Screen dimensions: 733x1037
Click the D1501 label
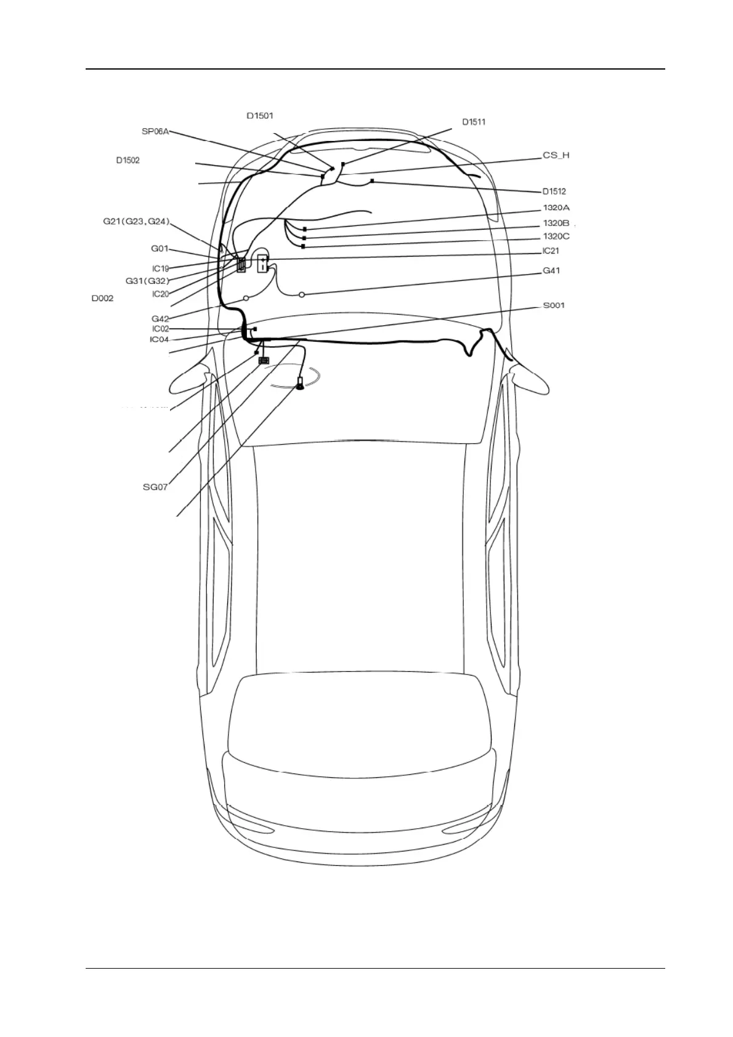point(260,116)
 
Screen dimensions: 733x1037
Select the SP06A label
point(155,131)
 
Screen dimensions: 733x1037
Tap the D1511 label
point(474,122)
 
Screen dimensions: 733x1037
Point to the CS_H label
point(556,156)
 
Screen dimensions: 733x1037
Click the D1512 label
point(554,192)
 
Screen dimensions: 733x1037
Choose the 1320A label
point(556,208)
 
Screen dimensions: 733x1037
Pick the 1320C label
point(556,236)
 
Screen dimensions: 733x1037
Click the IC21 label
point(551,251)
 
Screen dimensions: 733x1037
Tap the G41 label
point(551,271)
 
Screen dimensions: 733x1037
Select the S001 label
point(553,305)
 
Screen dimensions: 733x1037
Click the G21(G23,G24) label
point(136,222)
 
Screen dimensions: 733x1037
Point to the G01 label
point(160,249)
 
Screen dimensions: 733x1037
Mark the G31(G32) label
point(147,281)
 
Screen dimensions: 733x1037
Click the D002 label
point(102,299)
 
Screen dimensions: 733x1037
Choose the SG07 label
point(155,487)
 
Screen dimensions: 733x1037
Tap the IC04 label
point(159,339)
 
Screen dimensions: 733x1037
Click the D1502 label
point(128,161)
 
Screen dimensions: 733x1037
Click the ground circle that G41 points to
point(302,295)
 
